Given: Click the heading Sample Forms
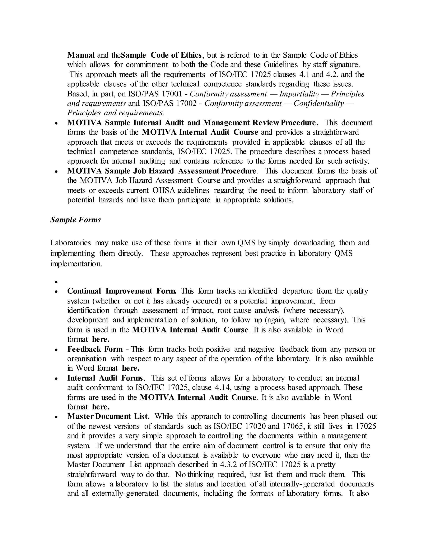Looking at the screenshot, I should (75, 220).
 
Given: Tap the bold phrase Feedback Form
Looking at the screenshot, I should (95, 349).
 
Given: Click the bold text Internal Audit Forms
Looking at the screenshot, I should (105, 378).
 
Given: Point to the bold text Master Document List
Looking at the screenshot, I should (107, 417).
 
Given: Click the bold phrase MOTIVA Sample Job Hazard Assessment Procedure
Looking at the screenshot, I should (162, 171).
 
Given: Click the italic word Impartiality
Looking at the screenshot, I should (299, 94).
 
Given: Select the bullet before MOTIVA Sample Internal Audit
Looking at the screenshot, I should (56, 123).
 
